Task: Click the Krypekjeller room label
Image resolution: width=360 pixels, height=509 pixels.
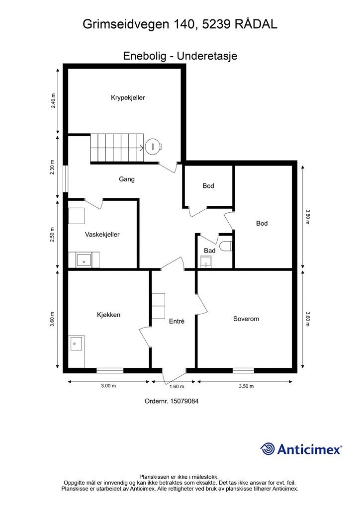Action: coord(128,97)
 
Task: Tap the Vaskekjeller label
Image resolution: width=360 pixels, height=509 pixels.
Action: coord(102,235)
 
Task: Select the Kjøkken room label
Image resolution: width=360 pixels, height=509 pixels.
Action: coord(109,315)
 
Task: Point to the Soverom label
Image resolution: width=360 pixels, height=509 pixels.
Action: coord(246,319)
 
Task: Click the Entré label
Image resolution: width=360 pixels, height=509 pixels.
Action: coord(177,321)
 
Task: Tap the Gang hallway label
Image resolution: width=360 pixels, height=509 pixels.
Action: coord(127,179)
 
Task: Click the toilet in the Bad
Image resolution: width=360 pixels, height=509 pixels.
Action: coord(226,246)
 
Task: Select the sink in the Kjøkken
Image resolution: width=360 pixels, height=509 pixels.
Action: coord(77,343)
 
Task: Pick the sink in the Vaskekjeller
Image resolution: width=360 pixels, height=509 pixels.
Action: coord(84,260)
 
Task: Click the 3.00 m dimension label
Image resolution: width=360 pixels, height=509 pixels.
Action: coord(108,386)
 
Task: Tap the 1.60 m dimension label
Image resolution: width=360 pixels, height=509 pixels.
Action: coord(177,386)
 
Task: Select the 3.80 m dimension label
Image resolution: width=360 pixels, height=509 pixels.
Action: coord(308,217)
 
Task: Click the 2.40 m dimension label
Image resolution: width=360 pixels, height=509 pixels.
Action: coord(53,100)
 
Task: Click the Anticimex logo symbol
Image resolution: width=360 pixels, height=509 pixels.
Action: coord(268,449)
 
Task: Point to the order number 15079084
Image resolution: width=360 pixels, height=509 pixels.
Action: coord(184,401)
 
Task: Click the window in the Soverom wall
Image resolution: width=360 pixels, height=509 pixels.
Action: coord(243,370)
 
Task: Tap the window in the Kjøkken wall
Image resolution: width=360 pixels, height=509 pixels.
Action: coord(110,370)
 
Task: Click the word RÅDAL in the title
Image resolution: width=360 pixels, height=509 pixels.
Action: coord(256,24)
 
